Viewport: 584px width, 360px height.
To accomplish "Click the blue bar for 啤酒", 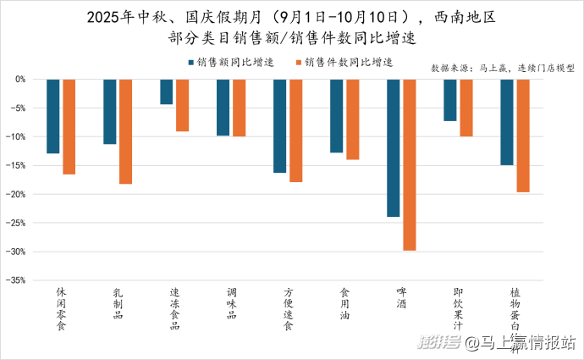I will tap(393, 147).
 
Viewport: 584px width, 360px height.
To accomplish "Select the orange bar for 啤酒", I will tap(409, 164).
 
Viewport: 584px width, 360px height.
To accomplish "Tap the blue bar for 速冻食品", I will tap(167, 91).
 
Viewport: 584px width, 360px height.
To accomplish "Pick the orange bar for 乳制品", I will tap(125, 131).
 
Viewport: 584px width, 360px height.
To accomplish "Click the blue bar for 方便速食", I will tap(279, 125).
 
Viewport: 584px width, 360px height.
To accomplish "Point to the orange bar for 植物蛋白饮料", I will tap(523, 136).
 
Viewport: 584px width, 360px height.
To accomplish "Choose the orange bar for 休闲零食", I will tap(69, 126).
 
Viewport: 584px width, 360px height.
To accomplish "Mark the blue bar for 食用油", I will tap(336, 116).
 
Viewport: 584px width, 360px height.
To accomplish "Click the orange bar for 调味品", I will tap(239, 108).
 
